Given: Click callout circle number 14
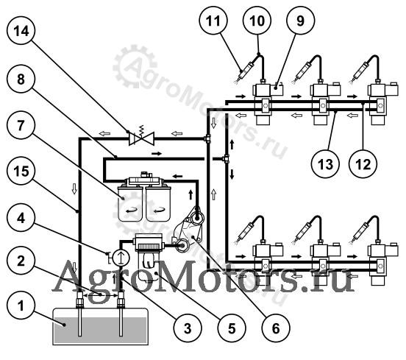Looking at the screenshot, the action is click(x=21, y=31).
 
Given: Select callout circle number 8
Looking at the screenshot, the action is click(x=21, y=79).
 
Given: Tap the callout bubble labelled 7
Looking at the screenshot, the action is click(x=21, y=125).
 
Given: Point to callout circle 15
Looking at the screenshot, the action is click(x=21, y=171).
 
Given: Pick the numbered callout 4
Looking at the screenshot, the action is click(x=21, y=218).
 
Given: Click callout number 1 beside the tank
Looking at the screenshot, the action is click(x=21, y=305).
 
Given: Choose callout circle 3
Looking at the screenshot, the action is click(x=188, y=328).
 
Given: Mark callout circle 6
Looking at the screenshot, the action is click(x=276, y=328).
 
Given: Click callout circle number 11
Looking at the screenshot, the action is click(x=213, y=21).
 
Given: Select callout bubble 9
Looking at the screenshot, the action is click(x=300, y=21).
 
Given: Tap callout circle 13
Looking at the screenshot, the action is click(x=326, y=163).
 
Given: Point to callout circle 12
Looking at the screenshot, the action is click(x=363, y=163).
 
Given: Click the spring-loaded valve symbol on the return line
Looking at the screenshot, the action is click(x=141, y=137).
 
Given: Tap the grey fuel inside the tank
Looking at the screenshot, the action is click(x=101, y=331).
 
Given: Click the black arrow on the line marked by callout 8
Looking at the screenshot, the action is click(x=157, y=154).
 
